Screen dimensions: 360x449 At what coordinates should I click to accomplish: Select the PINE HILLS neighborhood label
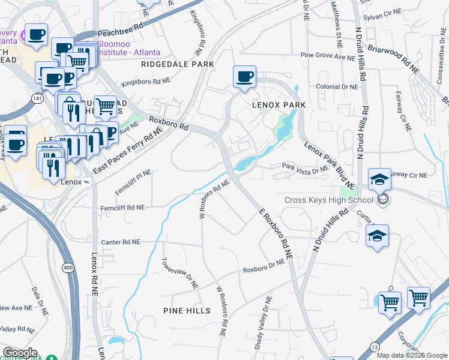[x=187, y=310]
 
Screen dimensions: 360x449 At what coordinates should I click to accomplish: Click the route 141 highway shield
[x=38, y=98]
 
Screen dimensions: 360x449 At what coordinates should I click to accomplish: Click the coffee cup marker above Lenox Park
[x=244, y=77]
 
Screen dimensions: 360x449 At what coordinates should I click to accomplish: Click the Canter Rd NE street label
[x=121, y=242]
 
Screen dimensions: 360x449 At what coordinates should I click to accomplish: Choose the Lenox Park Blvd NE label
[x=330, y=164]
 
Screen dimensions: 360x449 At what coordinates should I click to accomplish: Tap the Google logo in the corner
[x=19, y=353]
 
